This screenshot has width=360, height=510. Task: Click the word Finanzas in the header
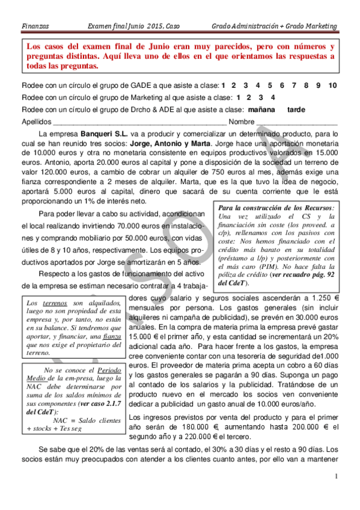coord(35,26)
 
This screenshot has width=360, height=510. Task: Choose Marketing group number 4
coord(273,97)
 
